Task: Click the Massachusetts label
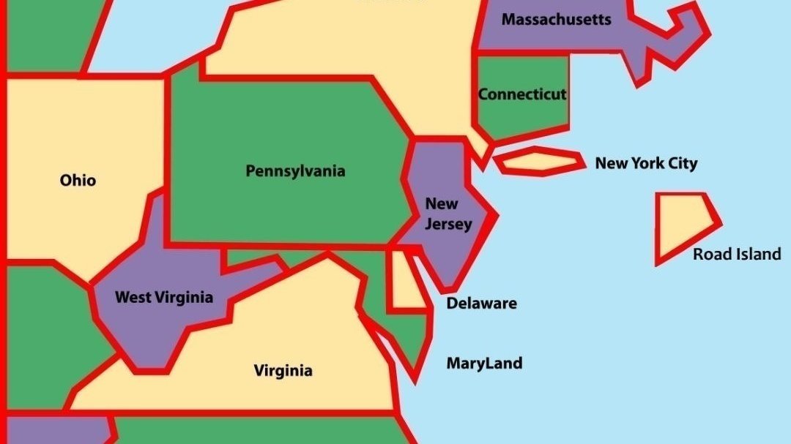point(556,20)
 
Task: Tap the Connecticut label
point(522,94)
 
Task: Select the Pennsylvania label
point(295,171)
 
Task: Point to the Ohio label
point(78,180)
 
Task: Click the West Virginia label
point(164,297)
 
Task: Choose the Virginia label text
point(283,370)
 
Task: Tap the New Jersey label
point(448,214)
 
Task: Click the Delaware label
point(481,303)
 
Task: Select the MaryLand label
point(484,363)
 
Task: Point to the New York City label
point(646,163)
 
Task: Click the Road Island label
point(737,254)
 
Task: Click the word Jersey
point(448,224)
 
